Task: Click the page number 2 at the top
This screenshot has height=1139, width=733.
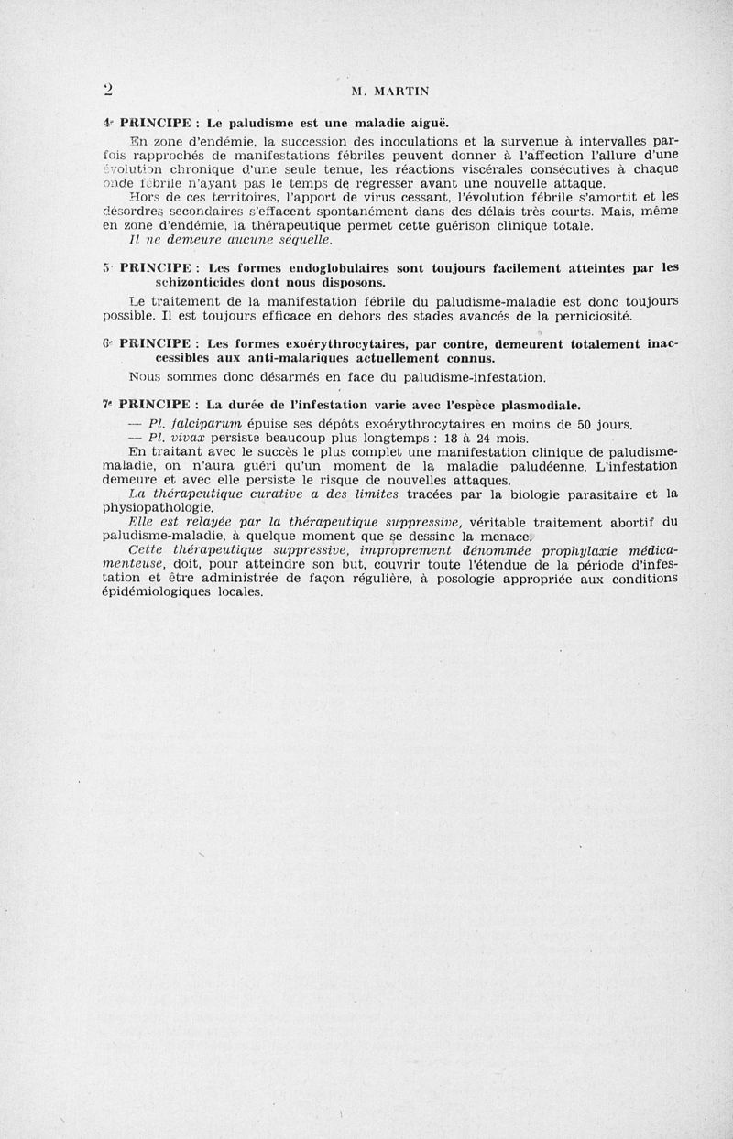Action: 108,90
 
